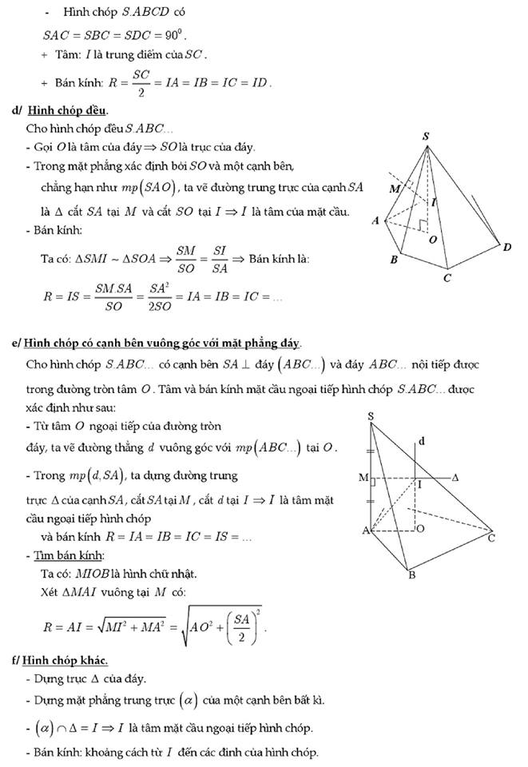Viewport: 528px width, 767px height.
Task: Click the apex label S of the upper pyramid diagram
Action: click(x=426, y=137)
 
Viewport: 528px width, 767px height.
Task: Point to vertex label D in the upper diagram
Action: click(x=507, y=247)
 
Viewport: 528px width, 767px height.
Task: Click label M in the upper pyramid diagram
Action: click(x=393, y=189)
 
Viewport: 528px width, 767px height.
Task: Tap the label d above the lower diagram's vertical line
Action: click(x=421, y=441)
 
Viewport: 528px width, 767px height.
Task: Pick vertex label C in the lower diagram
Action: click(x=491, y=538)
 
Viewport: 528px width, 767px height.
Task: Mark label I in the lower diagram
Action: click(x=421, y=484)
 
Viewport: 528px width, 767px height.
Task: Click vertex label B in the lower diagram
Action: click(x=411, y=575)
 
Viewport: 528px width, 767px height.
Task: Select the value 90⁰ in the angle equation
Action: click(x=175, y=35)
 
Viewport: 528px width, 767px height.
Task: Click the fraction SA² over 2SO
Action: click(x=160, y=295)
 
